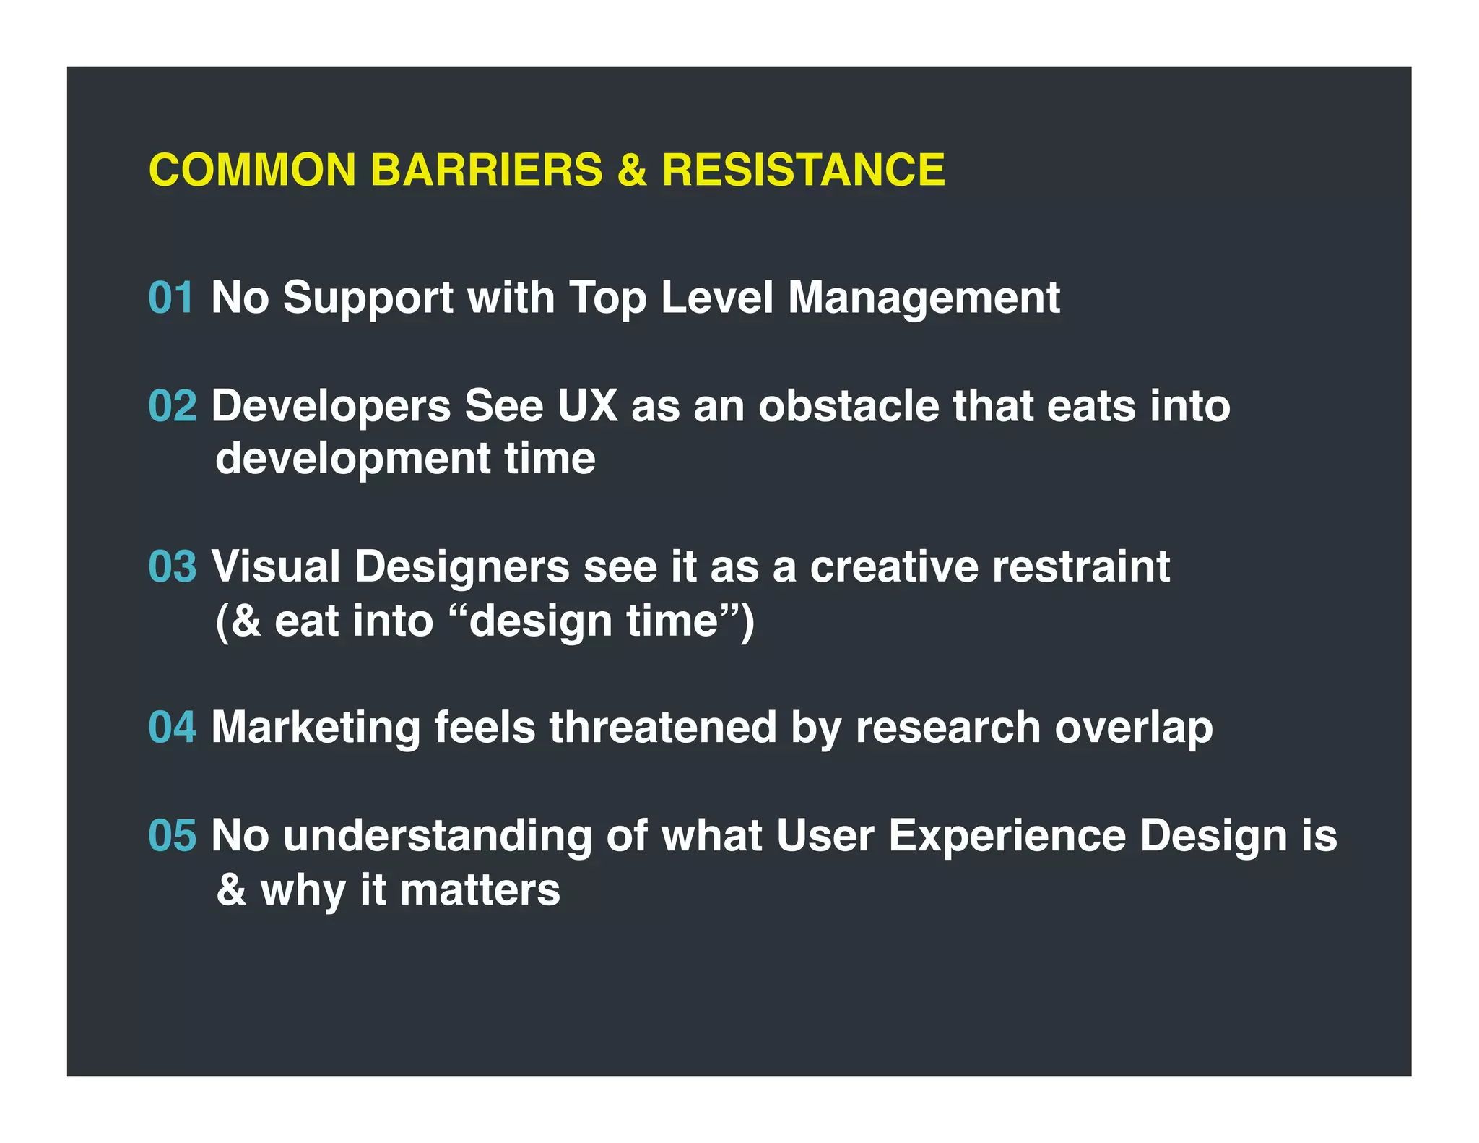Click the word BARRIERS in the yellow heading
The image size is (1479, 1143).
486,171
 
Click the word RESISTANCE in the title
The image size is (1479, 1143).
803,171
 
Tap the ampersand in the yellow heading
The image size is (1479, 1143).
632,171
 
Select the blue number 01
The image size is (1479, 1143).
171,298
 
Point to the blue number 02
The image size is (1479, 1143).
172,406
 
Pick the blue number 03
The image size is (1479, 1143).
172,566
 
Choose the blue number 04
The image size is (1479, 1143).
172,727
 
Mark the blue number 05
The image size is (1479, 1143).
172,836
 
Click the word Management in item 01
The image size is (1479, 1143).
924,298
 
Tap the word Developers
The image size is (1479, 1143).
331,406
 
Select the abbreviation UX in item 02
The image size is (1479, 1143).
587,406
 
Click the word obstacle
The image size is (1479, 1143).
848,406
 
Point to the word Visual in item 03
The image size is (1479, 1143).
275,566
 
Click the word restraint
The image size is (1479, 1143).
1080,566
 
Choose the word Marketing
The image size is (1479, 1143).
316,727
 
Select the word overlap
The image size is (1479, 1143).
1133,727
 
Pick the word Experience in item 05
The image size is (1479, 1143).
1007,836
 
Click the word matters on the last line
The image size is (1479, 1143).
480,890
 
